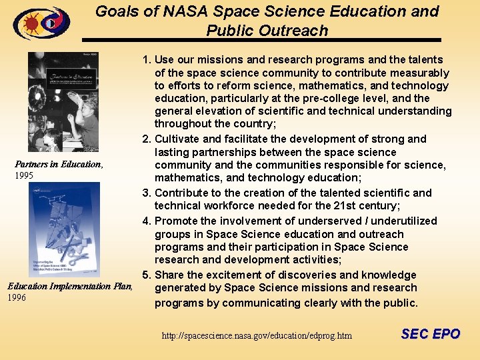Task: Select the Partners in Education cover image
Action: (x=63, y=102)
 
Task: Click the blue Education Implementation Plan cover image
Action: (x=63, y=231)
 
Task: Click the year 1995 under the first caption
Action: (x=24, y=176)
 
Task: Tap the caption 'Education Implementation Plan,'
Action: (x=70, y=286)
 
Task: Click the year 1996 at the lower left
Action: (x=17, y=297)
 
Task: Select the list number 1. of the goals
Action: (x=147, y=60)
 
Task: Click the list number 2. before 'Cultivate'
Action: (x=147, y=139)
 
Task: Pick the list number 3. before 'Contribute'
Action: (x=147, y=193)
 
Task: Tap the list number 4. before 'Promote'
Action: (x=147, y=221)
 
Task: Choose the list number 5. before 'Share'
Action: (x=147, y=275)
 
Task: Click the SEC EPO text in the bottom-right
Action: (x=430, y=334)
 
